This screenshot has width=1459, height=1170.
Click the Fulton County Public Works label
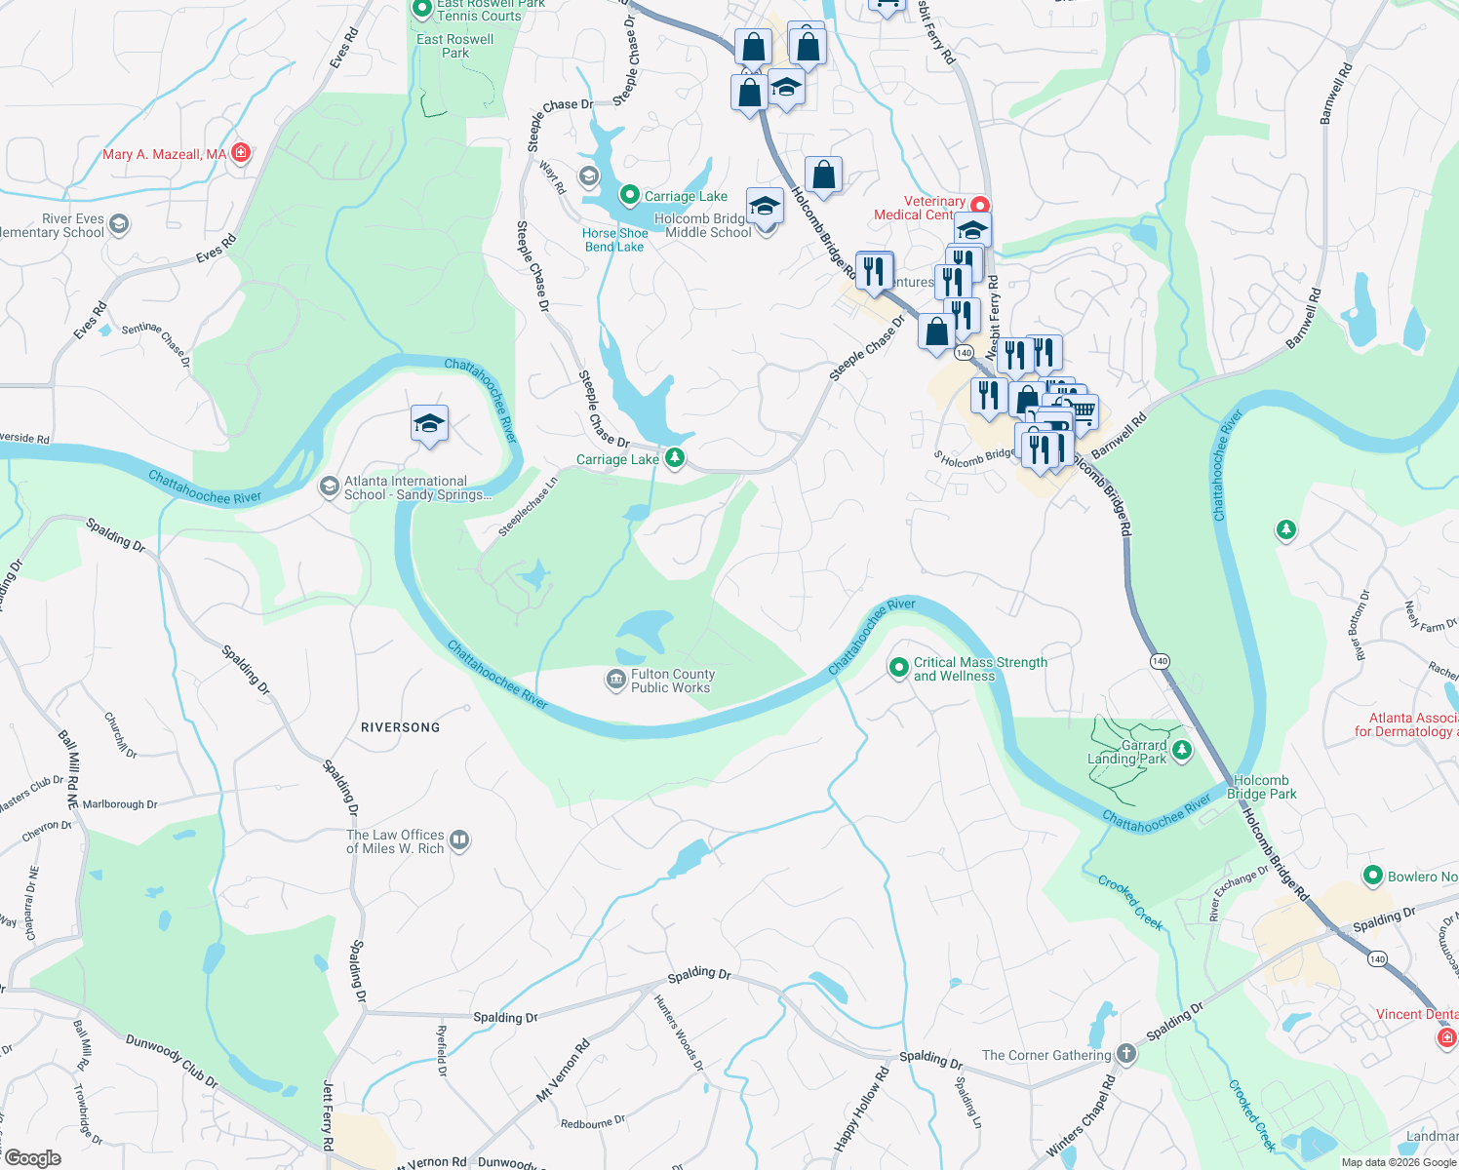[x=672, y=681]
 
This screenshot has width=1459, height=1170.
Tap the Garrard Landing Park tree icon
[x=1182, y=750]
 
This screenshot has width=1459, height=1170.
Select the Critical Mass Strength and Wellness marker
[x=898, y=668]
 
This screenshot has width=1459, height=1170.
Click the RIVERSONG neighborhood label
[x=400, y=727]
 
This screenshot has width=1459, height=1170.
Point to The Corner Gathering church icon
[x=1126, y=1053]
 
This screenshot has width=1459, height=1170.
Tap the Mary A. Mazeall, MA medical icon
[x=241, y=152]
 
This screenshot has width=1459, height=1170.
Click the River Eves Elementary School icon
[x=119, y=225]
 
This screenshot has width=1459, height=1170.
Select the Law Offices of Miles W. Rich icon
[x=460, y=840]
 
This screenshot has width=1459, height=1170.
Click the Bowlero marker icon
[x=1373, y=876]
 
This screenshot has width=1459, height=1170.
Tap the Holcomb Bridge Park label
[x=1261, y=787]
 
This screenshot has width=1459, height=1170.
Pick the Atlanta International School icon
[x=330, y=487]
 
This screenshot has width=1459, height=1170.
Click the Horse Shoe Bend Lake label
[x=614, y=240]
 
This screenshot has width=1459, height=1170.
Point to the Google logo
[x=33, y=1157]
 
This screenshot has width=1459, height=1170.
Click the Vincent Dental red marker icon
[x=1447, y=1036]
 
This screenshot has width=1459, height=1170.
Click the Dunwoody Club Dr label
[x=172, y=1062]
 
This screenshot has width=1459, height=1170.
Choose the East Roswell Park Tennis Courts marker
[x=422, y=10]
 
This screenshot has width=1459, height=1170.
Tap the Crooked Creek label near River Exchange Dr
[x=1130, y=903]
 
